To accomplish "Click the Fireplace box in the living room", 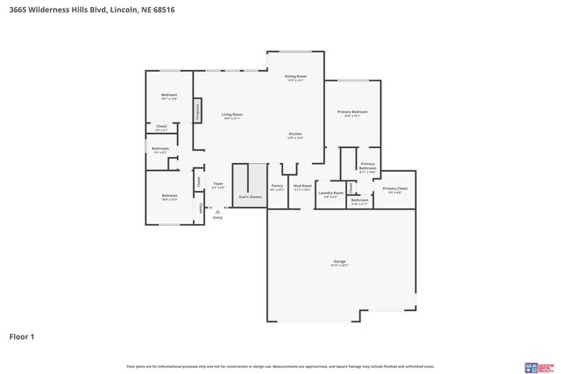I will (x=198, y=112).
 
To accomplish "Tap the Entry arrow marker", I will (x=217, y=208).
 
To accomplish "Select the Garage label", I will (x=339, y=262).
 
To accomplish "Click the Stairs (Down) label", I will (x=250, y=197).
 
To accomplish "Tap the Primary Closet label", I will (x=394, y=189).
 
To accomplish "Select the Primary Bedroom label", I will (x=352, y=112).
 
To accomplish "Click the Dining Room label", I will (x=295, y=77).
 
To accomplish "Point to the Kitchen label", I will (x=295, y=134).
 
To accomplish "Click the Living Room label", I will (x=231, y=115).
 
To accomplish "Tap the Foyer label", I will (x=218, y=184).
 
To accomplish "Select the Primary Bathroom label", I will (x=367, y=166).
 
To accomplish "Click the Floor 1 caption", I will (x=22, y=335).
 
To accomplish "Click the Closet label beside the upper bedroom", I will (x=161, y=127).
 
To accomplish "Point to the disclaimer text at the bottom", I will (x=280, y=366).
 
